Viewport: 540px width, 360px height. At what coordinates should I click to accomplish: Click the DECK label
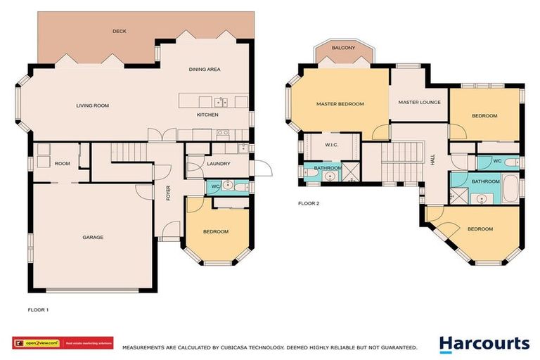(120, 32)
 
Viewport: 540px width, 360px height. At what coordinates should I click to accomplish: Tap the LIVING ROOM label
(92, 105)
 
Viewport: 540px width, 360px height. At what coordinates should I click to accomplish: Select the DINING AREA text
(205, 69)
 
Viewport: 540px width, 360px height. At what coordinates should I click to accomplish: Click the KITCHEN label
(207, 115)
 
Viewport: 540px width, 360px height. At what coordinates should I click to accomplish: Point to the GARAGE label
(93, 238)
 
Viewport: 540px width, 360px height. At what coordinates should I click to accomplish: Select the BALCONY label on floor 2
(343, 49)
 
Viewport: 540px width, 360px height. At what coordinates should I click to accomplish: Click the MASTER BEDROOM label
(340, 104)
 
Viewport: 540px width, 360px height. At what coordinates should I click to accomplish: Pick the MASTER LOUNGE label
(419, 103)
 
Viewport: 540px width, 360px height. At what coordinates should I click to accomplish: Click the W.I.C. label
(333, 146)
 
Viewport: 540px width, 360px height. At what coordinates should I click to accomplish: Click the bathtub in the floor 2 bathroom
(511, 188)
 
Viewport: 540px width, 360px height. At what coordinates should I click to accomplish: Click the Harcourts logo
(484, 344)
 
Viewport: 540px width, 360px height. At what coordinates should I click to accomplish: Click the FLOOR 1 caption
(38, 309)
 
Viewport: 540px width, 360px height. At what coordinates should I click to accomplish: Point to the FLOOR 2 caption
(308, 203)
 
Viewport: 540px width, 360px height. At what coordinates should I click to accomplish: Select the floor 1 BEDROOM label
(215, 232)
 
